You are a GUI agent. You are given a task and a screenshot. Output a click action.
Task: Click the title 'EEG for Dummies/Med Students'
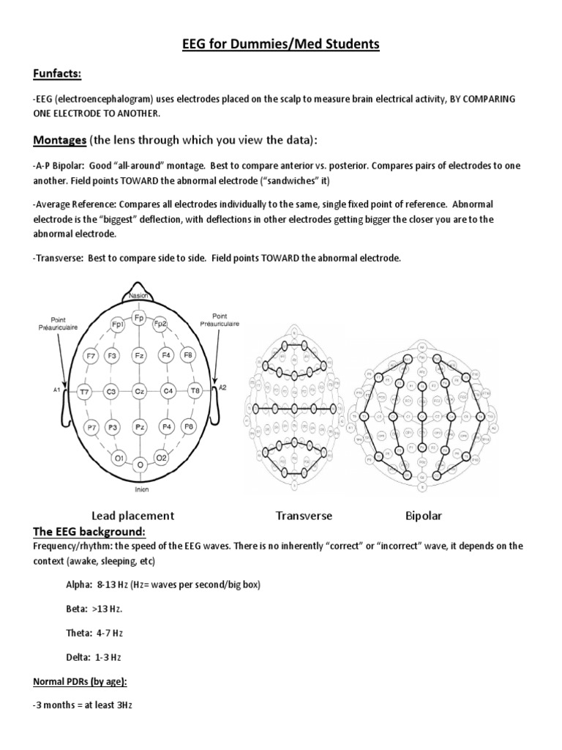[281, 45]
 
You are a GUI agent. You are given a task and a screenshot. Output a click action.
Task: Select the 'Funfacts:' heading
[56, 74]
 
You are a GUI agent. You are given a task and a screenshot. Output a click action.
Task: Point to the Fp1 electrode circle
[117, 324]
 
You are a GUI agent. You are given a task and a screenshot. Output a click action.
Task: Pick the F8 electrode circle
[188, 355]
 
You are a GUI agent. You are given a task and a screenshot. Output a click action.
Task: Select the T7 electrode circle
[85, 392]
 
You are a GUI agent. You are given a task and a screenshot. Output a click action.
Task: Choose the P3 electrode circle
[113, 426]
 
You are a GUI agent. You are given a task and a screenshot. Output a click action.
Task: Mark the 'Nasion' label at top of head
[139, 295]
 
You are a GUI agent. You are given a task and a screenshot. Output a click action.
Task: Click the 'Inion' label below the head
[141, 489]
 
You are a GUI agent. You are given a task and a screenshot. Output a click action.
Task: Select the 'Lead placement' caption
[132, 516]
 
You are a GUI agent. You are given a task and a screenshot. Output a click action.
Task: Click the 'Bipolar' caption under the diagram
[424, 516]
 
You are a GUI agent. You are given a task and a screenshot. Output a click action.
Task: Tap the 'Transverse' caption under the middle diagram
[304, 516]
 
